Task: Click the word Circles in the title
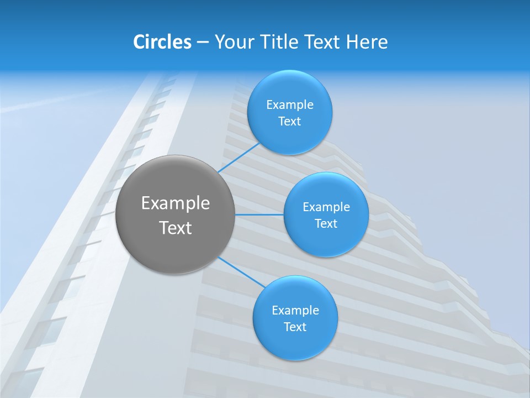click(162, 42)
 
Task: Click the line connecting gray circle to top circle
click(239, 157)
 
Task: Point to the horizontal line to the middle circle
click(259, 214)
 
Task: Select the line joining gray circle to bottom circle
click(242, 272)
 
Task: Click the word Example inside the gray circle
click(176, 203)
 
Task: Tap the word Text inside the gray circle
click(176, 228)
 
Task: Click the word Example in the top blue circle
click(290, 105)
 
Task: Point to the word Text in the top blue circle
click(290, 122)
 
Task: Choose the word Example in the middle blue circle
click(326, 207)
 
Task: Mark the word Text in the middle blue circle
click(326, 224)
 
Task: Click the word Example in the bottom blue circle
click(295, 311)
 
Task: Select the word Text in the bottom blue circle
click(295, 327)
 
